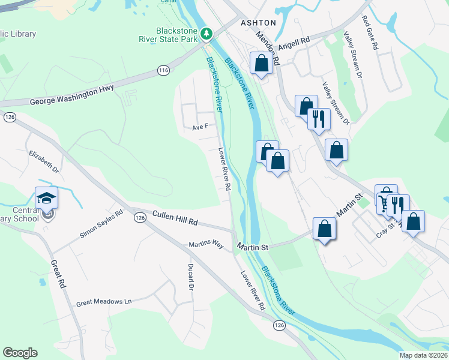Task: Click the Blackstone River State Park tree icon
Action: click(x=206, y=32)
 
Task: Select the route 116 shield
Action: click(x=163, y=71)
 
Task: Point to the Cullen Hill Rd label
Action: click(x=175, y=218)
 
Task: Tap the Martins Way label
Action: click(x=206, y=245)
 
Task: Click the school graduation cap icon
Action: click(x=47, y=198)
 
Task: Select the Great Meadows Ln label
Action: click(x=103, y=302)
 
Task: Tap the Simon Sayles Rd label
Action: click(x=101, y=224)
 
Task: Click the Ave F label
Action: click(x=199, y=127)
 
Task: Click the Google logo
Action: click(x=20, y=353)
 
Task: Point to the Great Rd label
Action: click(x=58, y=274)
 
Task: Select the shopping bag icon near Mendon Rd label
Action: click(x=262, y=63)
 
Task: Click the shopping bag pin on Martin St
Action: click(x=324, y=229)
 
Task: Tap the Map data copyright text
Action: click(x=424, y=355)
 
